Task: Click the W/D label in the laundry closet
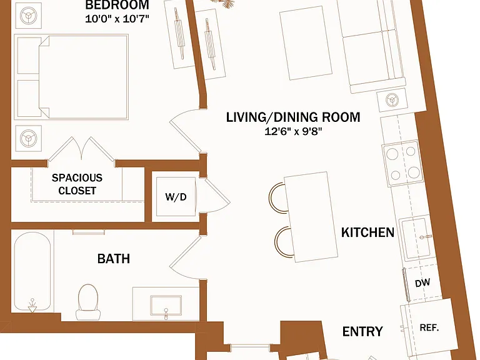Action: tap(176, 197)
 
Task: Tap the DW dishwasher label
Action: tap(422, 283)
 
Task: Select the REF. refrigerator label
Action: tap(429, 327)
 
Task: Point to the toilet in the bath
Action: tap(88, 302)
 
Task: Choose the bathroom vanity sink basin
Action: tap(166, 305)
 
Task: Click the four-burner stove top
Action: tap(403, 163)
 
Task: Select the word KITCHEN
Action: tap(367, 232)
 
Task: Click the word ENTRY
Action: tap(362, 331)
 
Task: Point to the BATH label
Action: tap(114, 259)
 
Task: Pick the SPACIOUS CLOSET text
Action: tap(77, 184)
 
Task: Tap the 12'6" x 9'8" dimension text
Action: tap(293, 132)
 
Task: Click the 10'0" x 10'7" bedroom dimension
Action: tap(117, 19)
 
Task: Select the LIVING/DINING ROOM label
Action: tap(293, 117)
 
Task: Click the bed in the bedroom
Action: tap(71, 77)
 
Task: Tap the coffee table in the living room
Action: tap(306, 43)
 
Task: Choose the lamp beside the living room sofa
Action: tap(392, 100)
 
